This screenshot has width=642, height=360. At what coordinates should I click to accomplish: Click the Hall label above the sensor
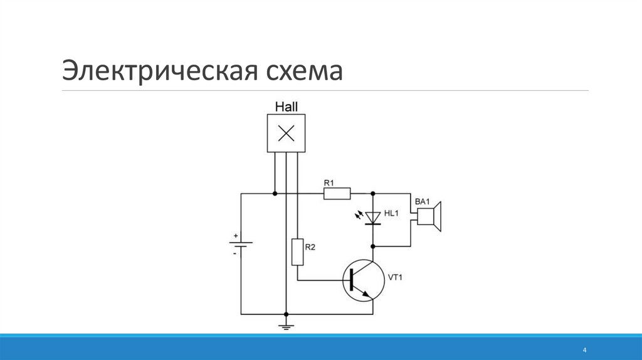[x=286, y=107]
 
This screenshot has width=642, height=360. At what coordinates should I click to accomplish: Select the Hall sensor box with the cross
[x=286, y=133]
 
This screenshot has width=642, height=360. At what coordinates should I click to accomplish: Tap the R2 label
[x=310, y=247]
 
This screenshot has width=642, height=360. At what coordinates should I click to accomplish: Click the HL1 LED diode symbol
[x=373, y=217]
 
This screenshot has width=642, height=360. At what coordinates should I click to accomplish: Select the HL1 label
[x=391, y=214]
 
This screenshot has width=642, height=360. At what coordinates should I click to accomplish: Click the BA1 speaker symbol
[x=430, y=216]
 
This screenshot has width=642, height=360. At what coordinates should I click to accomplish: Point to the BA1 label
[x=421, y=201]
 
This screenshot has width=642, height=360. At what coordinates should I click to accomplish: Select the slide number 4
[x=584, y=349]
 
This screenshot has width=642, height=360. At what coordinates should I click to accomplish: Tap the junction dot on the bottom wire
[x=286, y=314]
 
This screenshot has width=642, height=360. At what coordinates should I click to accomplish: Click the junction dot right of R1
[x=373, y=193]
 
